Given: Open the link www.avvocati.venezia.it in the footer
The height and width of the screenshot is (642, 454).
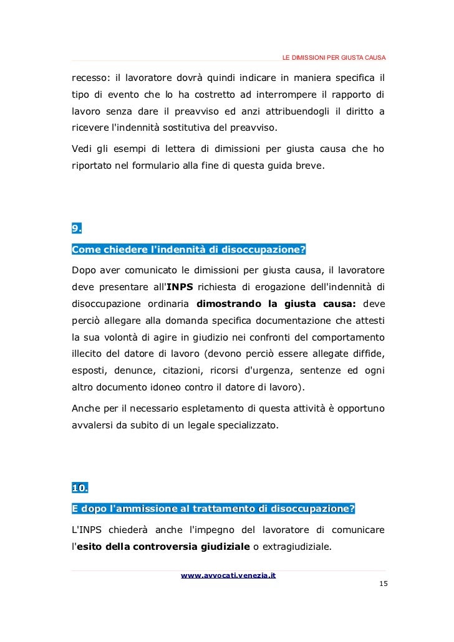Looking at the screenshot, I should (x=228, y=575).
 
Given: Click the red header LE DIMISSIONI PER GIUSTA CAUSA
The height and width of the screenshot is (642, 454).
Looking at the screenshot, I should (x=334, y=58).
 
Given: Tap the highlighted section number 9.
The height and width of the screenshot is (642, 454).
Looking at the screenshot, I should (x=77, y=227).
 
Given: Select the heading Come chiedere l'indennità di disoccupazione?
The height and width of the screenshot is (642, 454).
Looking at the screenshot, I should (x=189, y=250).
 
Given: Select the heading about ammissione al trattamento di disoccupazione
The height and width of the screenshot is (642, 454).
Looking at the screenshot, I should (x=213, y=509).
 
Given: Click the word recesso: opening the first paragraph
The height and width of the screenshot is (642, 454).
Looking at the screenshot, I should (x=90, y=78).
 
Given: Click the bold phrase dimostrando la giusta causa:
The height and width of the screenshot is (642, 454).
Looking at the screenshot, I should (x=276, y=304).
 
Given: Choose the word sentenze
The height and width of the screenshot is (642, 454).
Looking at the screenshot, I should (x=314, y=370).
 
